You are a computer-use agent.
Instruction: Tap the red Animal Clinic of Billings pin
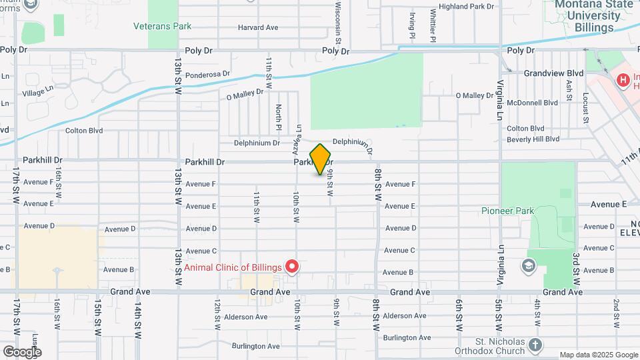292,267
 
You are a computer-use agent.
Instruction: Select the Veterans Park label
162,27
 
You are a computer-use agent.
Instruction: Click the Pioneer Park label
508,211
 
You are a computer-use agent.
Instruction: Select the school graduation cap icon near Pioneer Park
531,266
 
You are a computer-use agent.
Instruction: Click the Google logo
22,352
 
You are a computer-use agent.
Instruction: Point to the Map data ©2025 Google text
599,355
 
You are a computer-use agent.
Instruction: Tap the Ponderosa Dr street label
207,75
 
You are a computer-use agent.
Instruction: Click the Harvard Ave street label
258,28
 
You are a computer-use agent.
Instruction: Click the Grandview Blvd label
553,73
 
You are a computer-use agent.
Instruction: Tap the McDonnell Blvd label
532,103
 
